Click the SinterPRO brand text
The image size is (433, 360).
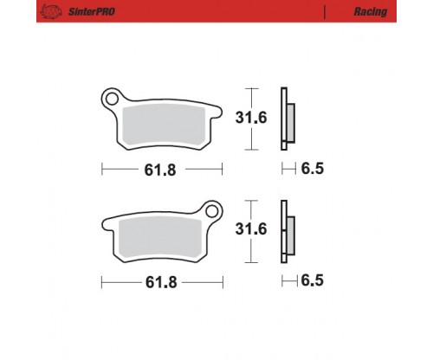click(92, 11)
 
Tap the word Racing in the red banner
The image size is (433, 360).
click(371, 12)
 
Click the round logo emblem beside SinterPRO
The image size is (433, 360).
click(51, 12)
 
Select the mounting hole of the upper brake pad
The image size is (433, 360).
click(112, 99)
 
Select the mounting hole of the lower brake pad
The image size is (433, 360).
click(212, 211)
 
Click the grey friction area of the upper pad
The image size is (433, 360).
click(164, 125)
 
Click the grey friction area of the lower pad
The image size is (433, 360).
click(160, 237)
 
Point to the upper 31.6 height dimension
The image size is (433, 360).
click(251, 118)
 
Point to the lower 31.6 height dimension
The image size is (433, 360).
click(251, 229)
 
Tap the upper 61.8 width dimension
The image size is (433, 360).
click(160, 170)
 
